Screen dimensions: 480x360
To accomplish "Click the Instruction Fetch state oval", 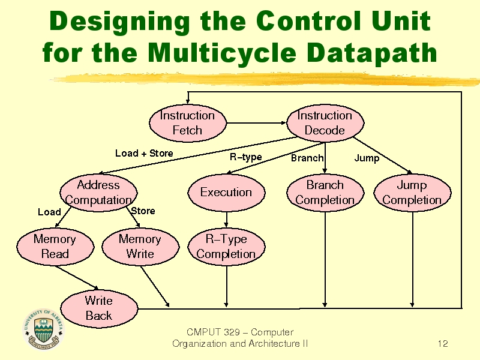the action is (x=188, y=123).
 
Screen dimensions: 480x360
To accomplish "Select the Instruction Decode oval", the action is (x=325, y=123).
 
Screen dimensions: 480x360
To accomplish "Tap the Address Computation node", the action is (x=98, y=193).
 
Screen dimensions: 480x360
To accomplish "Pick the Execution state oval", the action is (x=226, y=193).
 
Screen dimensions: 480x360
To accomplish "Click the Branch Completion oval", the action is (x=325, y=193).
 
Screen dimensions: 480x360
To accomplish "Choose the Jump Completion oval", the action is (x=412, y=193).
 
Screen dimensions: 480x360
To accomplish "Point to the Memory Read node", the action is (x=55, y=247).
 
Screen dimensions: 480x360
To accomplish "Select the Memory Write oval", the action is (x=140, y=247).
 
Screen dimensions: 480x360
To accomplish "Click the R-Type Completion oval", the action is (x=226, y=247).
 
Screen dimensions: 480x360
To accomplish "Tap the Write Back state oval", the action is (x=99, y=308).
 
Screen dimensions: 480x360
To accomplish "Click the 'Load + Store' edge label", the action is (x=144, y=153).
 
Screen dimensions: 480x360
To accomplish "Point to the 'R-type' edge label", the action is (x=246, y=157).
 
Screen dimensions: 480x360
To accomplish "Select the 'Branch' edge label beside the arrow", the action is (x=307, y=158).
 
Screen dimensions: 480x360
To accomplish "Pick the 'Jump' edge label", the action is (x=367, y=158).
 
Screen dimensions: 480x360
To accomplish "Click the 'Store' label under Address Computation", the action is (x=143, y=211).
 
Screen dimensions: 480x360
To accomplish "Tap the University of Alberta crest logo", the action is (x=43, y=329).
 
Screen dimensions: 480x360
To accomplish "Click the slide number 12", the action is (x=443, y=344).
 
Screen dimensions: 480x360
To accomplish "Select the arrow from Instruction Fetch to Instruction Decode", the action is (x=257, y=123).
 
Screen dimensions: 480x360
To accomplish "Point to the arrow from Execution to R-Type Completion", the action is (x=226, y=220).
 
